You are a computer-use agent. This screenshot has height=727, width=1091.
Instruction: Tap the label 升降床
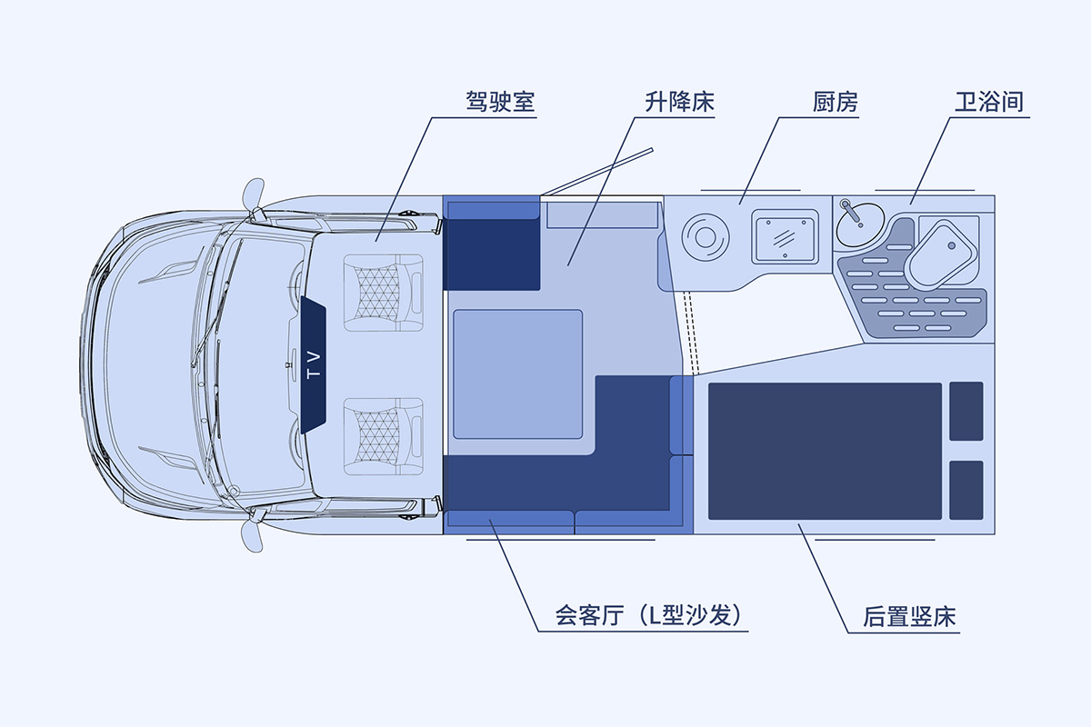(x=680, y=101)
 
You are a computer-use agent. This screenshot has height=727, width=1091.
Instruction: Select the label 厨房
(x=836, y=101)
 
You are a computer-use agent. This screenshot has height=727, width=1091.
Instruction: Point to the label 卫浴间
(x=990, y=101)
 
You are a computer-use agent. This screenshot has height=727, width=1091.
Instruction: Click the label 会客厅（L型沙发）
(x=652, y=616)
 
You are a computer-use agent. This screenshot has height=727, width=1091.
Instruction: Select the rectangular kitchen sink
(x=784, y=236)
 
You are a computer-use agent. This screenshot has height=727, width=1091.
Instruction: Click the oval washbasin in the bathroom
(x=859, y=222)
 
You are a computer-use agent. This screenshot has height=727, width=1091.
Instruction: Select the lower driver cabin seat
(x=383, y=434)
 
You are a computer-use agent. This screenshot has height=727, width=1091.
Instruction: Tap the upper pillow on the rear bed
(x=966, y=411)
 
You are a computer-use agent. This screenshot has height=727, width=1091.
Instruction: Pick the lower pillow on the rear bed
(x=966, y=490)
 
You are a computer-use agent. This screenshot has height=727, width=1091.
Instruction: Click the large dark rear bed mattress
(x=825, y=451)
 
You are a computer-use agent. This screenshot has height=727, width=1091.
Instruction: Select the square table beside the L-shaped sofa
(x=517, y=373)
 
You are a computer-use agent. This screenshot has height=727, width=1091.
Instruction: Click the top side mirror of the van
(x=254, y=194)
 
